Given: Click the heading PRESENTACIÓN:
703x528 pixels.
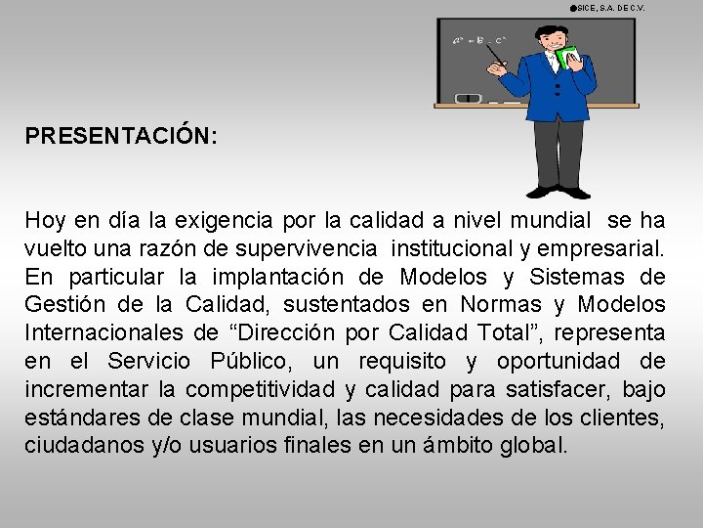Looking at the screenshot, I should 121,135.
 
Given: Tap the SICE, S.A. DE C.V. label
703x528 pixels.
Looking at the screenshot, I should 611,8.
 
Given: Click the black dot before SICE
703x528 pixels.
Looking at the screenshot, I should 572,8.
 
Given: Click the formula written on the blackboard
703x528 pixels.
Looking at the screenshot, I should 478,41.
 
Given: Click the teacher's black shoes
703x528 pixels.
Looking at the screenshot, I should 558,191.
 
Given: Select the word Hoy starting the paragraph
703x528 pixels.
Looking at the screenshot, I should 45,220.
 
